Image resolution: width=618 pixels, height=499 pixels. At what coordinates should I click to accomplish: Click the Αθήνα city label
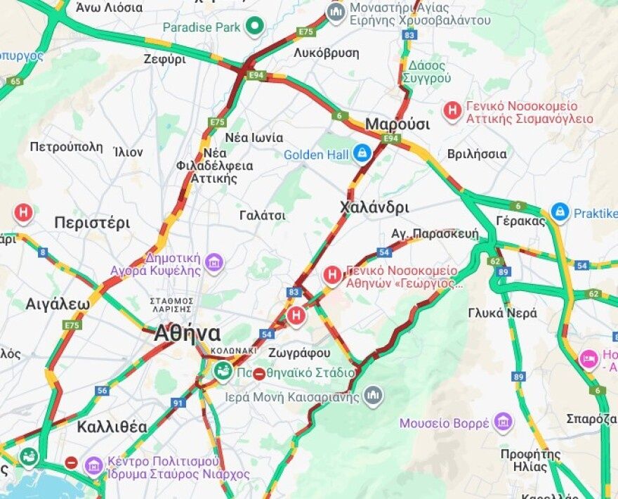pos(188,332)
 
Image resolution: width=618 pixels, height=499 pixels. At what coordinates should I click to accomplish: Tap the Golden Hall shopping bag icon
pos(362,153)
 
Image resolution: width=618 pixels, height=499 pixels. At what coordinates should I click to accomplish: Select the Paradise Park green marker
pos(254,27)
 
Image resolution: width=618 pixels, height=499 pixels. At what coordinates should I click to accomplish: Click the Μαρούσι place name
pos(397,124)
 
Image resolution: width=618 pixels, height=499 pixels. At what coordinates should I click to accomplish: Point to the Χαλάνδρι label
pos(374,207)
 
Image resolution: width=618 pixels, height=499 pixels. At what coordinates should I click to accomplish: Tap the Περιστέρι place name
pos(92,223)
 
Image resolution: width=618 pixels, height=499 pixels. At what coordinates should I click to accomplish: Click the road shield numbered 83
pos(294,291)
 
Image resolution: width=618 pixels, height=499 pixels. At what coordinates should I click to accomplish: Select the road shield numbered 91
pos(178,403)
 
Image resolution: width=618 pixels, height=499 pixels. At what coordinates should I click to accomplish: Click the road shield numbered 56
pos(103,390)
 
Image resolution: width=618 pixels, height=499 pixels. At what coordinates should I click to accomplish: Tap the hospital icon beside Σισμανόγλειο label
pos(453,110)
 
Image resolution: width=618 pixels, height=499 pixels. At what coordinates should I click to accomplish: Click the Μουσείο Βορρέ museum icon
pos(502,422)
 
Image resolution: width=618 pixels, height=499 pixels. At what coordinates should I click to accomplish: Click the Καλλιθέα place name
pos(112,427)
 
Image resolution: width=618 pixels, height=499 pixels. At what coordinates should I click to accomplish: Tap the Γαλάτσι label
pos(262,216)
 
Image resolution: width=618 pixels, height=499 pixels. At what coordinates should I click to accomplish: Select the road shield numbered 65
pos(15,82)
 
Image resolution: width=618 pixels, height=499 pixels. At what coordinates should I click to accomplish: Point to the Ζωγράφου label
pos(299,353)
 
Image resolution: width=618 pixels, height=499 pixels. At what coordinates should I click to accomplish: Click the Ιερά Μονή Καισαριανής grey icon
pos(374,396)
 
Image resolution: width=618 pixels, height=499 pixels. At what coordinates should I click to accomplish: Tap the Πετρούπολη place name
pos(66,147)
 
